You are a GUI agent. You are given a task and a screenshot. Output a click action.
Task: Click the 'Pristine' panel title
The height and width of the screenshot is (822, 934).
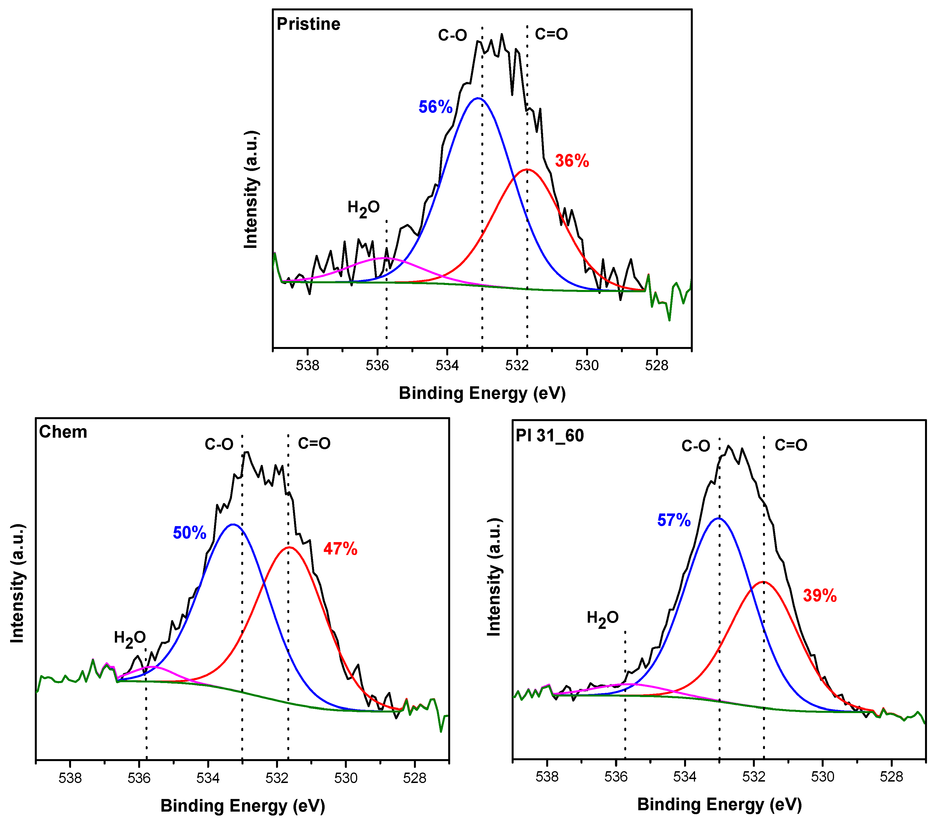tap(308, 24)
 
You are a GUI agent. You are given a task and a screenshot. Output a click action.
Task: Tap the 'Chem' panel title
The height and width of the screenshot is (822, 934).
tap(63, 432)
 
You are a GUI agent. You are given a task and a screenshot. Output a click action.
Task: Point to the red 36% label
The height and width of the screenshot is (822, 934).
tap(572, 161)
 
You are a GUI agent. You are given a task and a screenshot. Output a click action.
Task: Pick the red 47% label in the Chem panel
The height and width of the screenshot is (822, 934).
tap(340, 549)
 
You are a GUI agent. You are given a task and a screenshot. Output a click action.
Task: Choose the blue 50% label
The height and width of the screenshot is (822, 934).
tap(190, 533)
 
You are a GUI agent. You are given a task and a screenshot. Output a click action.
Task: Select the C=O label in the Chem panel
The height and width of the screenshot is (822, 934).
tap(314, 444)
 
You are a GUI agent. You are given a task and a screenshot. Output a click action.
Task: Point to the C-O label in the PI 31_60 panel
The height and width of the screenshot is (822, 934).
tap(696, 446)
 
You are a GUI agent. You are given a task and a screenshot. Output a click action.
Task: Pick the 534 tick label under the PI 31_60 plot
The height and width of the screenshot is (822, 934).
tap(685, 777)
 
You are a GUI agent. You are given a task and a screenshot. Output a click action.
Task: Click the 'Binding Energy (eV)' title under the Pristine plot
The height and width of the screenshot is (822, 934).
tap(482, 393)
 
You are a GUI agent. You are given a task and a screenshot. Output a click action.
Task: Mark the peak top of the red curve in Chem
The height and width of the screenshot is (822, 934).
tap(289, 547)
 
